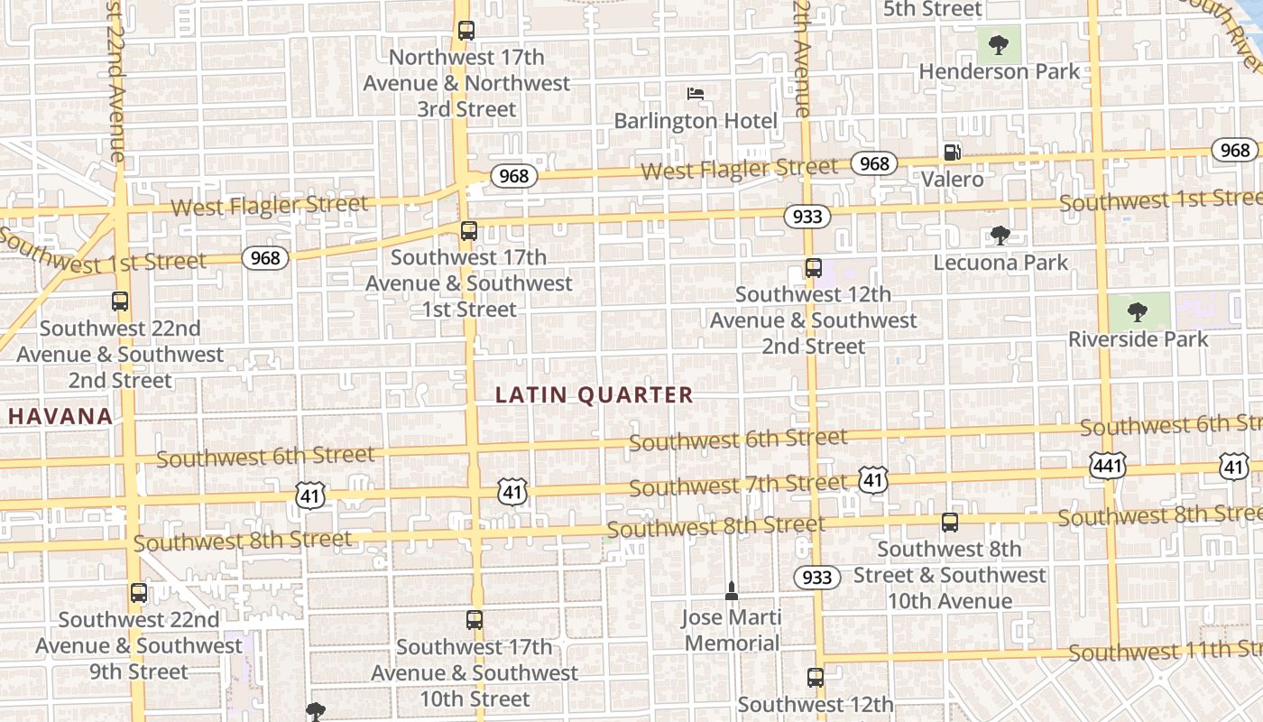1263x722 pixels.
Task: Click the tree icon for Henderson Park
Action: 998,44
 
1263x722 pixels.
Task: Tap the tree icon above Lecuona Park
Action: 1000,236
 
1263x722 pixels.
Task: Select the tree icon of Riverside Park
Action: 1138,312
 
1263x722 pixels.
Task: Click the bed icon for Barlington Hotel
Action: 695,93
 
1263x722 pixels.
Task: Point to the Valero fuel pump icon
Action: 952,153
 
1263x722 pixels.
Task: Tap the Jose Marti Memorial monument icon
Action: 731,591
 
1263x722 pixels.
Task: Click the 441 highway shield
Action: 1106,466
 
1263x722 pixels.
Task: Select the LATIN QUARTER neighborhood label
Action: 595,394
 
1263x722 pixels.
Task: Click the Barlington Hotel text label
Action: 696,121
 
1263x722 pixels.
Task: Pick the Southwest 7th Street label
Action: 738,486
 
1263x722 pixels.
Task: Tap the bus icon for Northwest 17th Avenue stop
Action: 466,31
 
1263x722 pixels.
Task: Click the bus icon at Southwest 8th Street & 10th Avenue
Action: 949,522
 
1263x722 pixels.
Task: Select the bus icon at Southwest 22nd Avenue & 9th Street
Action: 138,593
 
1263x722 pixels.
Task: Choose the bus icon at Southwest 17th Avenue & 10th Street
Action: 475,620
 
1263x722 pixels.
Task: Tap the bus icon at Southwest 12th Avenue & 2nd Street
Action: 813,268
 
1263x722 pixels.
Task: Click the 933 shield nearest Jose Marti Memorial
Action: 817,577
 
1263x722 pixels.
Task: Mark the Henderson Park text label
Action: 999,71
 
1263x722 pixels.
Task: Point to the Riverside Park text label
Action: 1138,339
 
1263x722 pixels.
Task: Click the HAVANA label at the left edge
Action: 61,416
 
